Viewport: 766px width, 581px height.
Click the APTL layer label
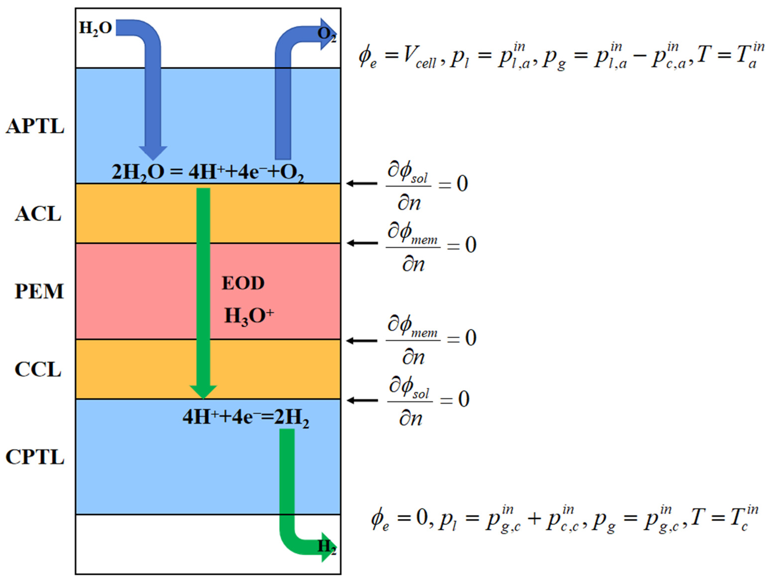pos(35,126)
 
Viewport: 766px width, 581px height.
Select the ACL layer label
pos(38,214)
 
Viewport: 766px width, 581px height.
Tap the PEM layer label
pos(39,291)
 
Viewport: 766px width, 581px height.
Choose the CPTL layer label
pos(35,457)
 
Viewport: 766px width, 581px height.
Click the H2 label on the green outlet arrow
pos(327,547)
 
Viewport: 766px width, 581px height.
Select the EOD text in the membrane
pos(243,283)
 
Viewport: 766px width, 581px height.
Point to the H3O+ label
pos(249,316)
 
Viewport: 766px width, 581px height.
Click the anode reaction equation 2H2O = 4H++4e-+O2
pos(208,172)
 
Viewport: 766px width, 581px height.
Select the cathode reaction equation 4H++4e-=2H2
pos(246,417)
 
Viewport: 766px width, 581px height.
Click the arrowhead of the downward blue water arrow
pos(153,152)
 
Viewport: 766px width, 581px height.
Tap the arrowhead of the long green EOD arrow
pos(203,391)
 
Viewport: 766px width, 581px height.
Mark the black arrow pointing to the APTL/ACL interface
pos(362,183)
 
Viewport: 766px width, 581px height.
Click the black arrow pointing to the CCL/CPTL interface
pos(362,401)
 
